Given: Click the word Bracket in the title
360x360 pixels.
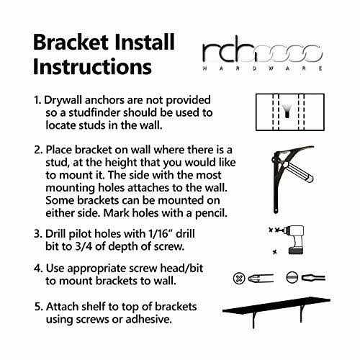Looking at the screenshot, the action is coord(71,42).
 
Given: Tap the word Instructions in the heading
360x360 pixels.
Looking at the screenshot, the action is coord(92,66).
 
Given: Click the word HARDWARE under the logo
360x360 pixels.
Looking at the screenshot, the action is coord(263,68).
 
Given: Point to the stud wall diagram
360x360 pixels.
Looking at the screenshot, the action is coord(290,112).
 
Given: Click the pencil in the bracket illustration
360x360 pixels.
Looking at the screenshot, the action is coord(298,171).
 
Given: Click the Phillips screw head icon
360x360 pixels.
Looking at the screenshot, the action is coord(239,279).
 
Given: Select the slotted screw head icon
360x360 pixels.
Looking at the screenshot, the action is coord(292,278).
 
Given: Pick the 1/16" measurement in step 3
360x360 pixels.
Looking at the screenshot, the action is coord(160,234).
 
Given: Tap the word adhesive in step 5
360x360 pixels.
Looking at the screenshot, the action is coord(148,320).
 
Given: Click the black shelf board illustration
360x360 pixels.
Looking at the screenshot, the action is coord(276,305).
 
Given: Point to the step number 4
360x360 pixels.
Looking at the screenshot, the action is coord(38,269).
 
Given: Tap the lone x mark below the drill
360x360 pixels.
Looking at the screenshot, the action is coord(275,252).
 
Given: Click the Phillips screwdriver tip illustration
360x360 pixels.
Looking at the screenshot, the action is coord(261,279).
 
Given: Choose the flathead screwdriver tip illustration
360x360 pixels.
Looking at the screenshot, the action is coord(313,278).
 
